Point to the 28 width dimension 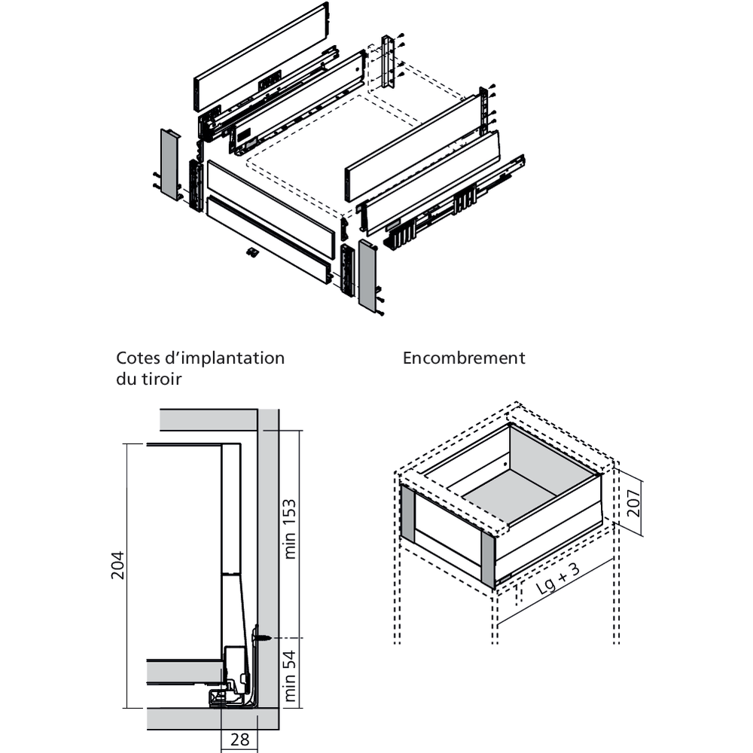pos(239,739)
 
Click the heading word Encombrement pos(464,358)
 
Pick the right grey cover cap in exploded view pos(368,276)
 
